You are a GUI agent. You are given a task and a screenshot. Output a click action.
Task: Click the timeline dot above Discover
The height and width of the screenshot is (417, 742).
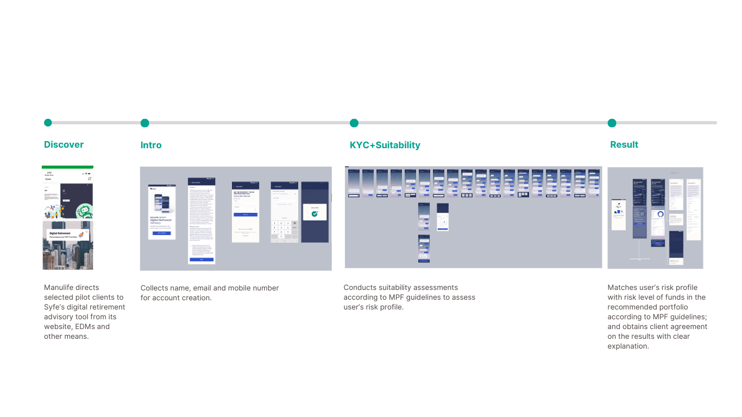click(x=48, y=123)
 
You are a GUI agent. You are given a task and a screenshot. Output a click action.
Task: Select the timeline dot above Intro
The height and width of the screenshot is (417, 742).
click(x=144, y=123)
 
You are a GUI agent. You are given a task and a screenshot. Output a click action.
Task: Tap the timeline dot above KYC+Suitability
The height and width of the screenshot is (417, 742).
click(x=354, y=123)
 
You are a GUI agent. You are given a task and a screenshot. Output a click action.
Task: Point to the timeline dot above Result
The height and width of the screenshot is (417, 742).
click(x=612, y=123)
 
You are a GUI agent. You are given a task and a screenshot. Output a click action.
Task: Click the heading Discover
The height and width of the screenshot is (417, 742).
click(x=64, y=144)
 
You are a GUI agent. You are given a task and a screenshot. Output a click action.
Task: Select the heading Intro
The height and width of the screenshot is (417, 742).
click(x=151, y=145)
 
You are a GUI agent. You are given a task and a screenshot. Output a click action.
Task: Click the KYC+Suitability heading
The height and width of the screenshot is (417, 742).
click(x=385, y=145)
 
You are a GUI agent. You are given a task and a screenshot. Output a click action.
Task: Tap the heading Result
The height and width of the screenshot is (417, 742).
click(x=624, y=144)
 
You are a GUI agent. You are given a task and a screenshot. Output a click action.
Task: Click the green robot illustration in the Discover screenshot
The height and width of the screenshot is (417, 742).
click(x=83, y=211)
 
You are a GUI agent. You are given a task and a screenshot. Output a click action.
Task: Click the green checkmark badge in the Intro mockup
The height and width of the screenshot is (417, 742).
click(x=315, y=214)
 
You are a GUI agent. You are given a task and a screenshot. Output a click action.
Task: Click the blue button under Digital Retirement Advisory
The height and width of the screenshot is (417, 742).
click(x=161, y=233)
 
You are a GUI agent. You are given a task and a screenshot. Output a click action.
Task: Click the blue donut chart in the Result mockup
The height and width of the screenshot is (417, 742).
click(x=660, y=214)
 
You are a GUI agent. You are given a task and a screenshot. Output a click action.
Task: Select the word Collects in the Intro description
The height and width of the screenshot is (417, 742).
click(x=154, y=288)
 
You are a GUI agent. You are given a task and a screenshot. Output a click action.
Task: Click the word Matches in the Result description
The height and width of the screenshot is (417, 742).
click(x=622, y=288)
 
